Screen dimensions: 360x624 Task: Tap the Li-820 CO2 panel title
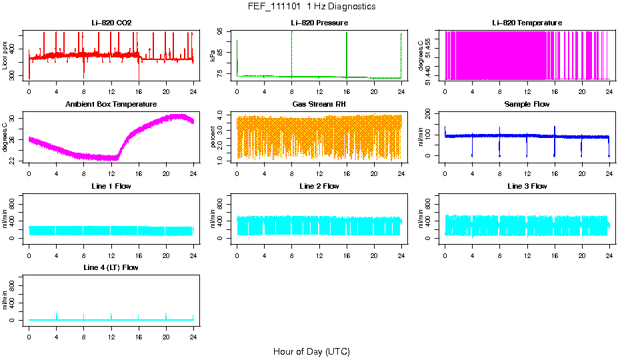111,23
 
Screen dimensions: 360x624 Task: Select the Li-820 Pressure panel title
319,23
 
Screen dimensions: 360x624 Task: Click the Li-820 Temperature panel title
527,23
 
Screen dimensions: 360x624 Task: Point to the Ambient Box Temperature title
111,104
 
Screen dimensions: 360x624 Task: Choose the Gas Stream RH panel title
319,104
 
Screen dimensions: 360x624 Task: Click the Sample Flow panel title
527,104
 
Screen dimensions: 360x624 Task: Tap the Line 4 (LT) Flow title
111,267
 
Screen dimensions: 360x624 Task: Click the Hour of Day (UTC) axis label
311,351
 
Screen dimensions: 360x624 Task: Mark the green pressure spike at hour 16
347,53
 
